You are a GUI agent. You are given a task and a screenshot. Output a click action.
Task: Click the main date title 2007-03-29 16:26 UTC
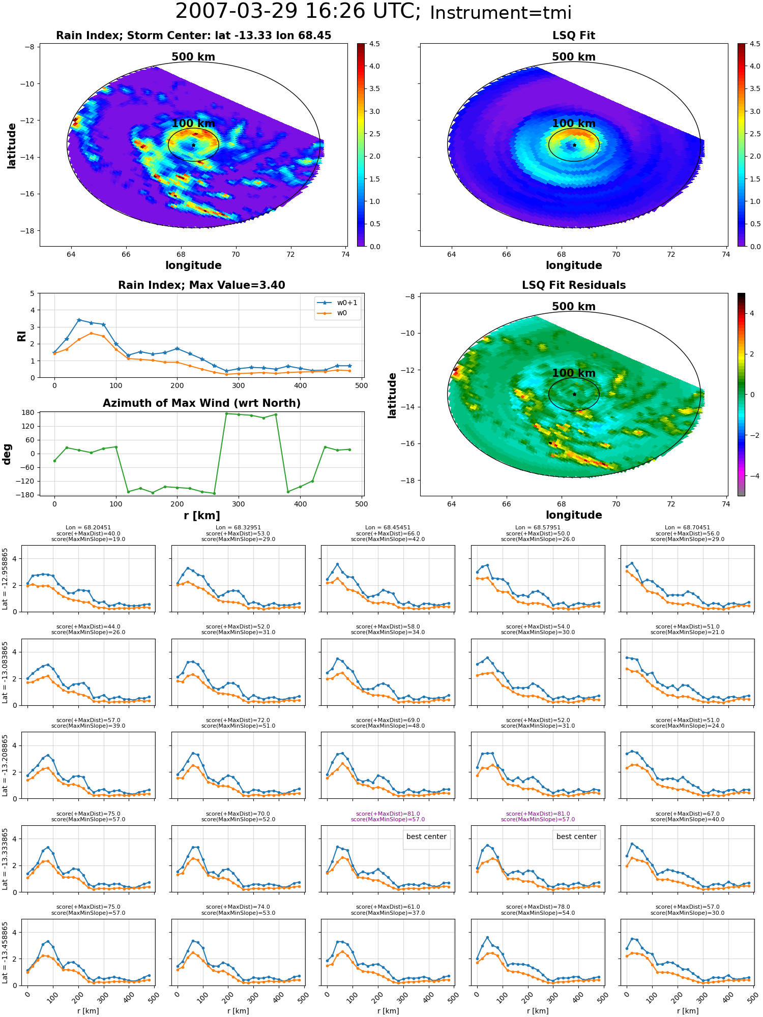(298, 12)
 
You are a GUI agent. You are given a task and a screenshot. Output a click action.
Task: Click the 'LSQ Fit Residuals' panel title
(574, 285)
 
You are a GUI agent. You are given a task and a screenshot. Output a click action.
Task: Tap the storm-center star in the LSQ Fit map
(574, 145)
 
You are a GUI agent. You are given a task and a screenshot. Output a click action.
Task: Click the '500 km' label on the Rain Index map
(193, 57)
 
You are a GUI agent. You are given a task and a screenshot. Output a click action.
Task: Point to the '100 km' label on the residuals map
(574, 373)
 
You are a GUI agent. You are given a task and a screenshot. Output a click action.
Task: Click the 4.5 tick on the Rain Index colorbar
(374, 44)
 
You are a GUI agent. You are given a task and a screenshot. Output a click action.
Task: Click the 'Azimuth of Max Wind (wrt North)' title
(201, 403)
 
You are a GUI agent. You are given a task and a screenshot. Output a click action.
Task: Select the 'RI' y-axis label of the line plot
(22, 336)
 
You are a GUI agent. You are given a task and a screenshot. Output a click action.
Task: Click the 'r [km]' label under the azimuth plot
(202, 516)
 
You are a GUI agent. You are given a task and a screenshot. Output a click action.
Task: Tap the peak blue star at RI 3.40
(79, 320)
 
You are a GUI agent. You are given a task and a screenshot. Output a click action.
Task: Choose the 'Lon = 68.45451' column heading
(388, 527)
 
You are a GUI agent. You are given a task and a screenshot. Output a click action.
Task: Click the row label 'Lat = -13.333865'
(5, 859)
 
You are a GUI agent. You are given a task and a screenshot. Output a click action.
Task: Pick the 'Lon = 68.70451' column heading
(687, 527)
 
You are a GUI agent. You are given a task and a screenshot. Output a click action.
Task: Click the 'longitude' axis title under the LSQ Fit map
(574, 265)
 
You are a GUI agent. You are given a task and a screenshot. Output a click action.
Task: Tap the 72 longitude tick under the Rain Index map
(290, 254)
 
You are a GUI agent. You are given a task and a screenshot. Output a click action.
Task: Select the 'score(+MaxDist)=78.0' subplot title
(538, 907)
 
